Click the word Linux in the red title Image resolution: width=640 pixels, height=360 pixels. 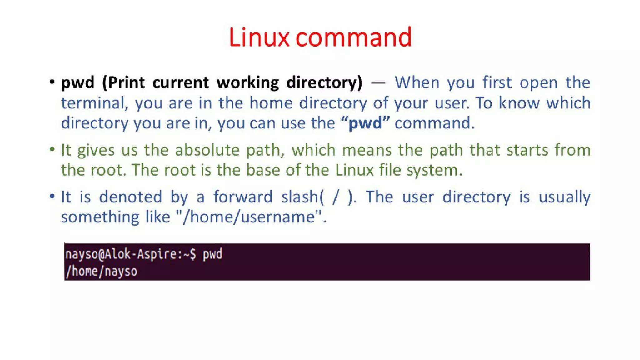(259, 37)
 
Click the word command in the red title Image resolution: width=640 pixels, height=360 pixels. (353, 37)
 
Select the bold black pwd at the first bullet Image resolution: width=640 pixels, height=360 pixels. (77, 83)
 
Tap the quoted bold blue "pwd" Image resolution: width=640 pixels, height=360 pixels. (365, 123)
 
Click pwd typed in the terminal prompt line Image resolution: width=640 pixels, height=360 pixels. (212, 254)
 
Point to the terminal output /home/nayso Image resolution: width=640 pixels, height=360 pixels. (101, 271)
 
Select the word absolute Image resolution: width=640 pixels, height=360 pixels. (207, 150)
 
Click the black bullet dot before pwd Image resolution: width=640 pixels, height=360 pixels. (52, 82)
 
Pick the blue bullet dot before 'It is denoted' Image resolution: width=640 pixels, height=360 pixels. (52, 196)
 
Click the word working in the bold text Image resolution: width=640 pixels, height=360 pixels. (247, 83)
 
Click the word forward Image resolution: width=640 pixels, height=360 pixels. (243, 197)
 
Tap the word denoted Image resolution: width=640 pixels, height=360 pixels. (131, 197)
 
